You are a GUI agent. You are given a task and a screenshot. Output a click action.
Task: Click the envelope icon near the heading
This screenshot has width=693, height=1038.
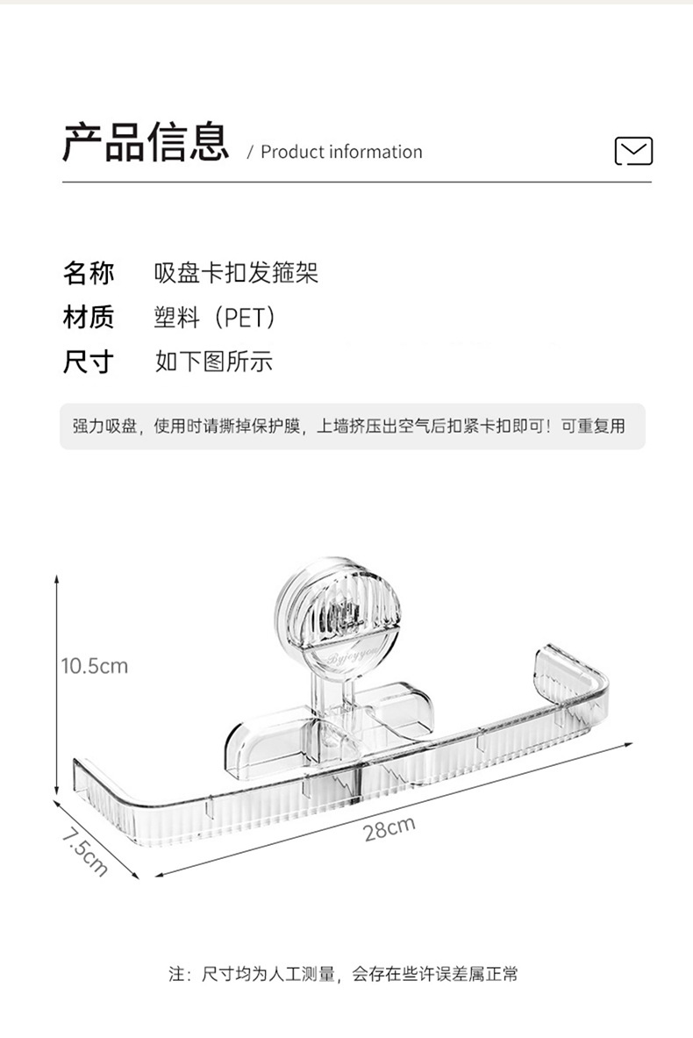(633, 151)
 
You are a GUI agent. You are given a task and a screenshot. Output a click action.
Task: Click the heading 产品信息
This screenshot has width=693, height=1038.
(146, 143)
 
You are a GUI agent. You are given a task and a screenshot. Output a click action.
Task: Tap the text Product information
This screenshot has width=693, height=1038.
(341, 152)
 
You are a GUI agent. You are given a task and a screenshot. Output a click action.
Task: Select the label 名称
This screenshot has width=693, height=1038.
(88, 273)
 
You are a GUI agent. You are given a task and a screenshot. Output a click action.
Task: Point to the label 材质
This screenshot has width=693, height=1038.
(88, 316)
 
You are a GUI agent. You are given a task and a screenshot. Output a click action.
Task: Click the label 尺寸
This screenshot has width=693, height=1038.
(88, 360)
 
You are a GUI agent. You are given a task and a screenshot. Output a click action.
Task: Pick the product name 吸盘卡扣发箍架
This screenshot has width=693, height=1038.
(236, 273)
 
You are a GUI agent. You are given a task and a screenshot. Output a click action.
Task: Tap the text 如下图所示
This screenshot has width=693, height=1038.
(214, 361)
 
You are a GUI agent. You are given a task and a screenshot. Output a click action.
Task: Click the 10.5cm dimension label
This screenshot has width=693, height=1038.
(94, 666)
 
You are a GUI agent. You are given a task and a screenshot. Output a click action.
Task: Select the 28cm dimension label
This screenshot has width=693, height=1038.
(389, 827)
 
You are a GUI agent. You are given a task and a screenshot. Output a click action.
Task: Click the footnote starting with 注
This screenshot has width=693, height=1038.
(343, 973)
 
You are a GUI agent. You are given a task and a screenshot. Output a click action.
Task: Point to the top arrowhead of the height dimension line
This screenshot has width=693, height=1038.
(57, 579)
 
